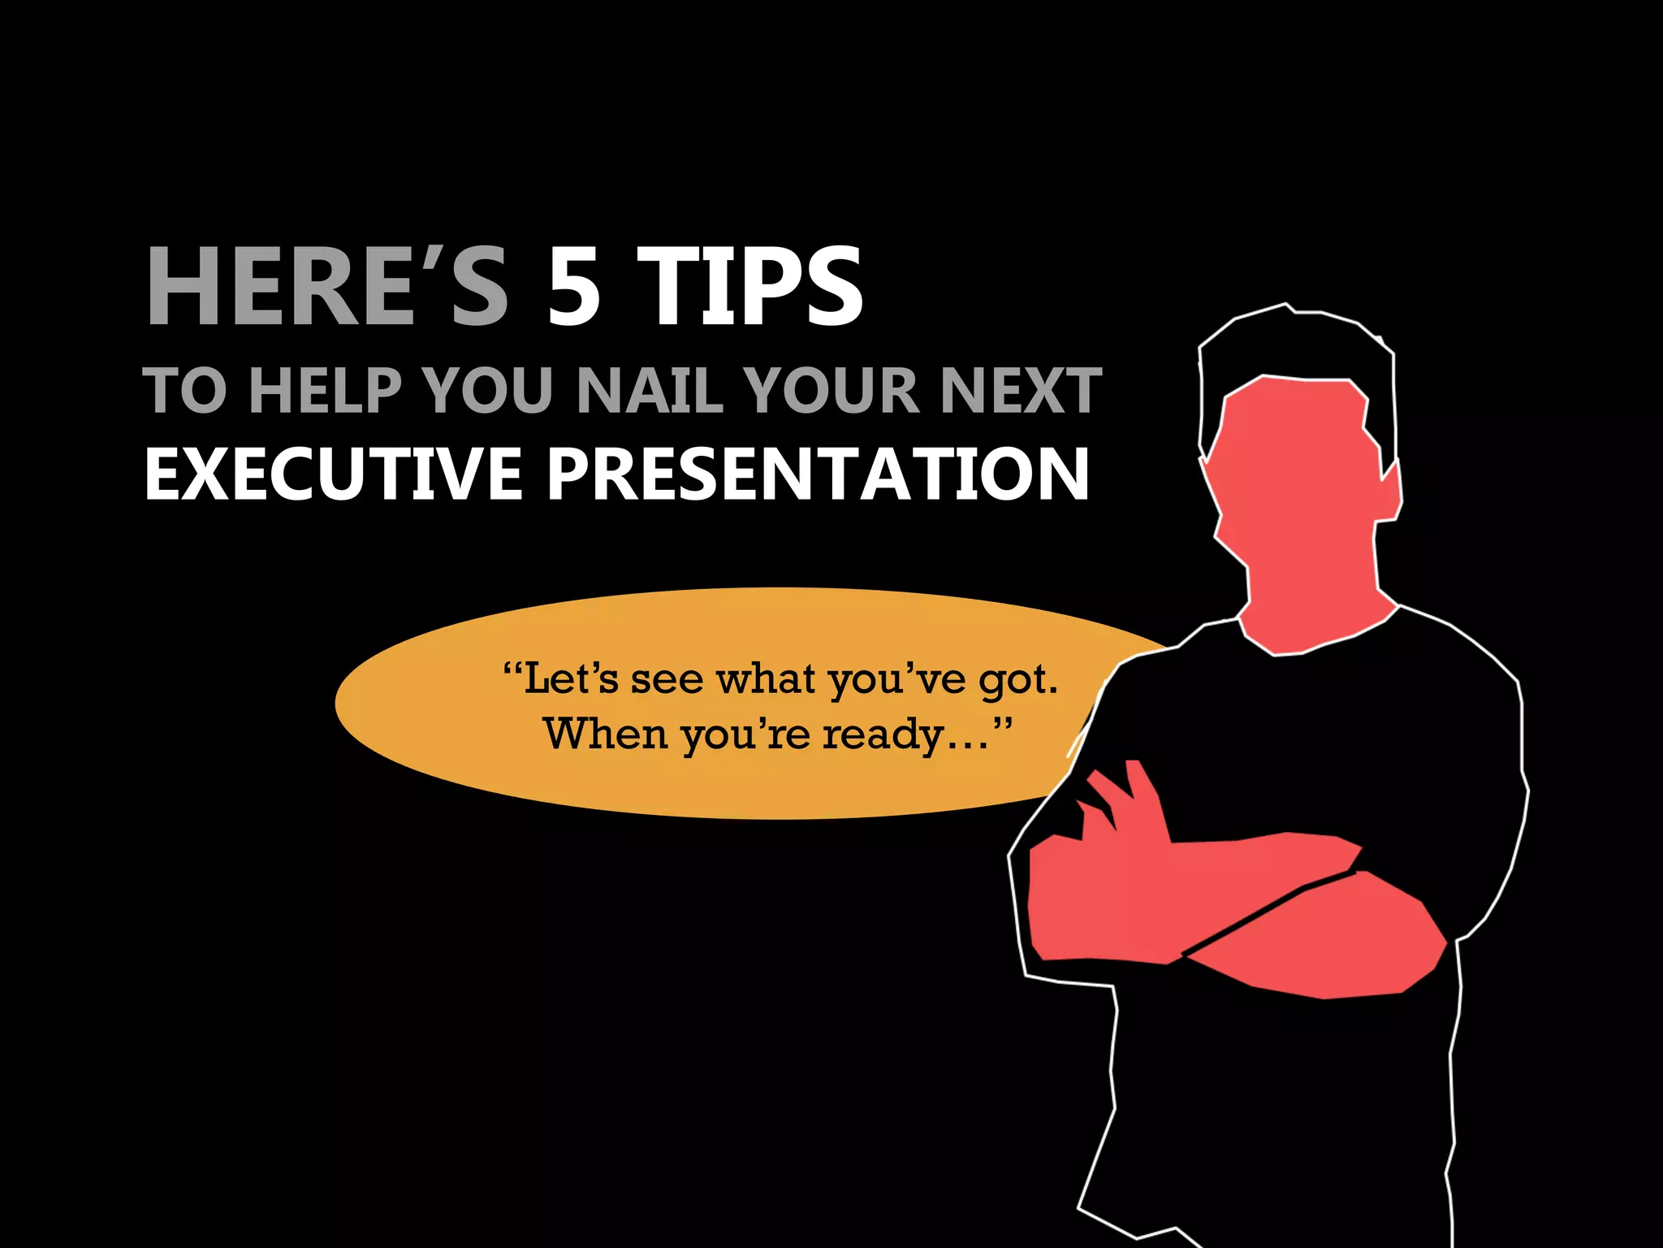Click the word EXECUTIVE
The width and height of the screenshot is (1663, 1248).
tap(333, 474)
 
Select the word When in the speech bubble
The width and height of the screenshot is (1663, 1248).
tap(605, 734)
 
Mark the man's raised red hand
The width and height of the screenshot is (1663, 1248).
tap(1125, 804)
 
